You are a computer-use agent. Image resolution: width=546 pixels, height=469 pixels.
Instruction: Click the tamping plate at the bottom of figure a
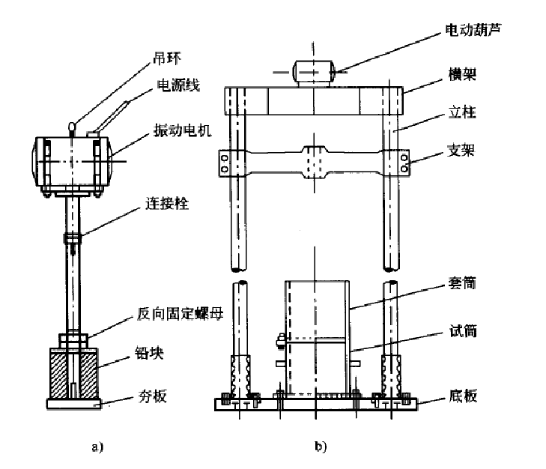tap(74, 403)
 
